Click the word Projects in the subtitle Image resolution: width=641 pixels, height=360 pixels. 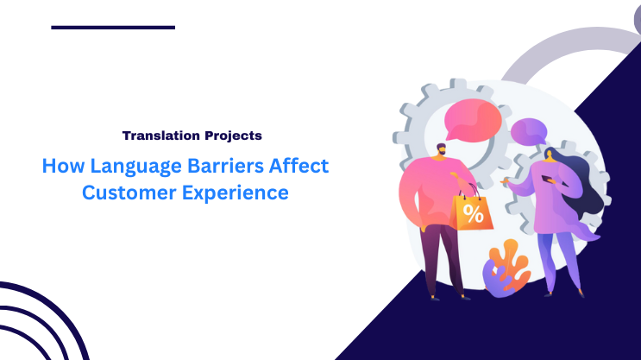pos(233,136)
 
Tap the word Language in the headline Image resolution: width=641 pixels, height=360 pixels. pos(126,165)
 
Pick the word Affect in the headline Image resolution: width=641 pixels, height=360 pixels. pos(298,165)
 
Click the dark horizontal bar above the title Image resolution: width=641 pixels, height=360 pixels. pos(113,27)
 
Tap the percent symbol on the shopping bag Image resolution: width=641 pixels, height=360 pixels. pos(473,213)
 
